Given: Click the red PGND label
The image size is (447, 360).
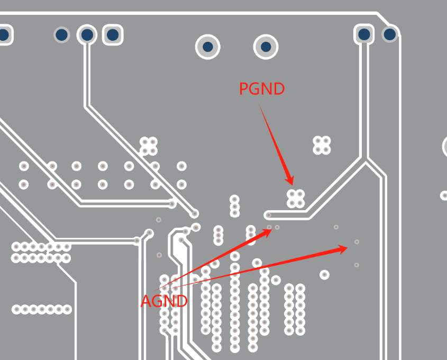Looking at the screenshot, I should tap(262, 88).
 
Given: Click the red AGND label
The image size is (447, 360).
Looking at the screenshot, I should tap(164, 301).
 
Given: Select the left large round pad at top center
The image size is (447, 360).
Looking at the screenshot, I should tap(208, 47).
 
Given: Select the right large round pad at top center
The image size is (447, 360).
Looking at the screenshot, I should tap(266, 47).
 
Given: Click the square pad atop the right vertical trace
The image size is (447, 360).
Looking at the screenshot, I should tap(364, 34).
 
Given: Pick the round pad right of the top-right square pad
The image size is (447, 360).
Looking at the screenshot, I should tap(390, 34).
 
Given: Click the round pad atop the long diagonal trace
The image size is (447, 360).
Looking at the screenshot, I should tap(87, 35).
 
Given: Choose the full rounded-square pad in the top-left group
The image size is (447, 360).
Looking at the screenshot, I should tap(113, 35).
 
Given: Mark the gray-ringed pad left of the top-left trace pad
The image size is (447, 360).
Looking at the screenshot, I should tap(61, 35).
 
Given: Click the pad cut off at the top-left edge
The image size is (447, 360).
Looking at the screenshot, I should tap(4, 35).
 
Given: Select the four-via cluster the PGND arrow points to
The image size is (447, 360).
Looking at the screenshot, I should tap(296, 199).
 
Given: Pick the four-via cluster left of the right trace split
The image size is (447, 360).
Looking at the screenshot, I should tap(322, 145).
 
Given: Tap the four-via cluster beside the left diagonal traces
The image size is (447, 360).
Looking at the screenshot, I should tap(149, 146).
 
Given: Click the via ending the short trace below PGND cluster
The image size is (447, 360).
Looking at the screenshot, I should tap(269, 215).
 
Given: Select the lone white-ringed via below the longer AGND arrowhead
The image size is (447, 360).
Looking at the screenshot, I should tap(324, 275).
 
